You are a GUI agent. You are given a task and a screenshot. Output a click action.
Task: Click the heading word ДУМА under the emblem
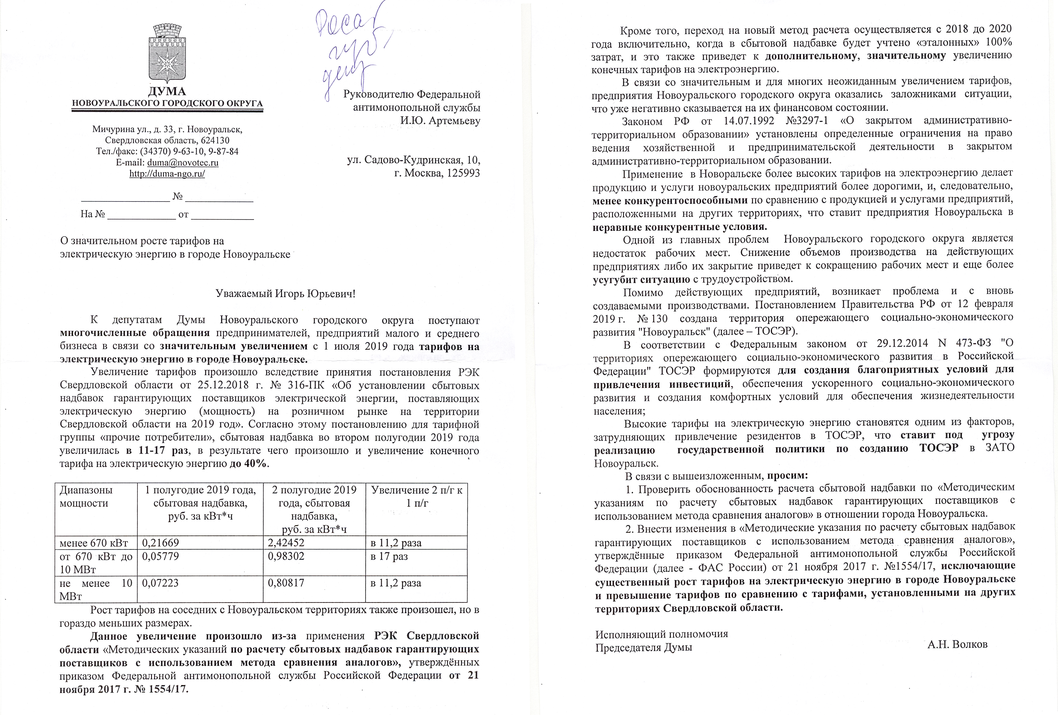(x=167, y=91)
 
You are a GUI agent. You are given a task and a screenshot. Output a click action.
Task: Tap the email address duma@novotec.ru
(x=183, y=163)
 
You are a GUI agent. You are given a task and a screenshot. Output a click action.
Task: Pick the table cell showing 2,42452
(x=286, y=543)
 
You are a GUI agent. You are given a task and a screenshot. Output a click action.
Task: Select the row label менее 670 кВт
(x=94, y=543)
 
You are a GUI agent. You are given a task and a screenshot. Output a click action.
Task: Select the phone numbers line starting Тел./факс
(x=167, y=151)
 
